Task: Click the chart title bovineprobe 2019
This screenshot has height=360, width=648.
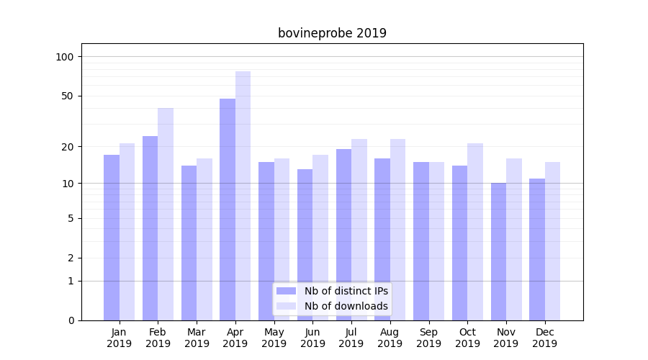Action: [332, 33]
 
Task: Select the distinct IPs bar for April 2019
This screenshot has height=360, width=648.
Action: [228, 209]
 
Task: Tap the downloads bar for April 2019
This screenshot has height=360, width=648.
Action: [243, 194]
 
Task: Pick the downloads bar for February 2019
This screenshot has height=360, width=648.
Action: [166, 214]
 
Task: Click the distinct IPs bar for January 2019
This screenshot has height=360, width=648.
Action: [112, 238]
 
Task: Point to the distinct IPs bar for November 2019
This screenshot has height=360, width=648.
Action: [499, 251]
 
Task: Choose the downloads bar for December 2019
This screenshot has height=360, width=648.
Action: [553, 241]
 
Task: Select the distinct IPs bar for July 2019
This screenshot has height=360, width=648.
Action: [343, 234]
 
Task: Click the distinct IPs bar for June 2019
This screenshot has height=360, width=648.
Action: [305, 245]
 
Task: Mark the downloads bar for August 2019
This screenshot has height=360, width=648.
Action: [397, 230]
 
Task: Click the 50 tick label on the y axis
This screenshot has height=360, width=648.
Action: [68, 96]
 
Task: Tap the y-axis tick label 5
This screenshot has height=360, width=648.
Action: [71, 218]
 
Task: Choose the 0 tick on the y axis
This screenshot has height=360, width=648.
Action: [71, 320]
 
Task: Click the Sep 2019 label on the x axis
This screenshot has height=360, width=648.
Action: [428, 338]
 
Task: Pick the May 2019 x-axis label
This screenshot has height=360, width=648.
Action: [274, 338]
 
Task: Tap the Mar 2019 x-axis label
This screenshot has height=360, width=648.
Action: [197, 338]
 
